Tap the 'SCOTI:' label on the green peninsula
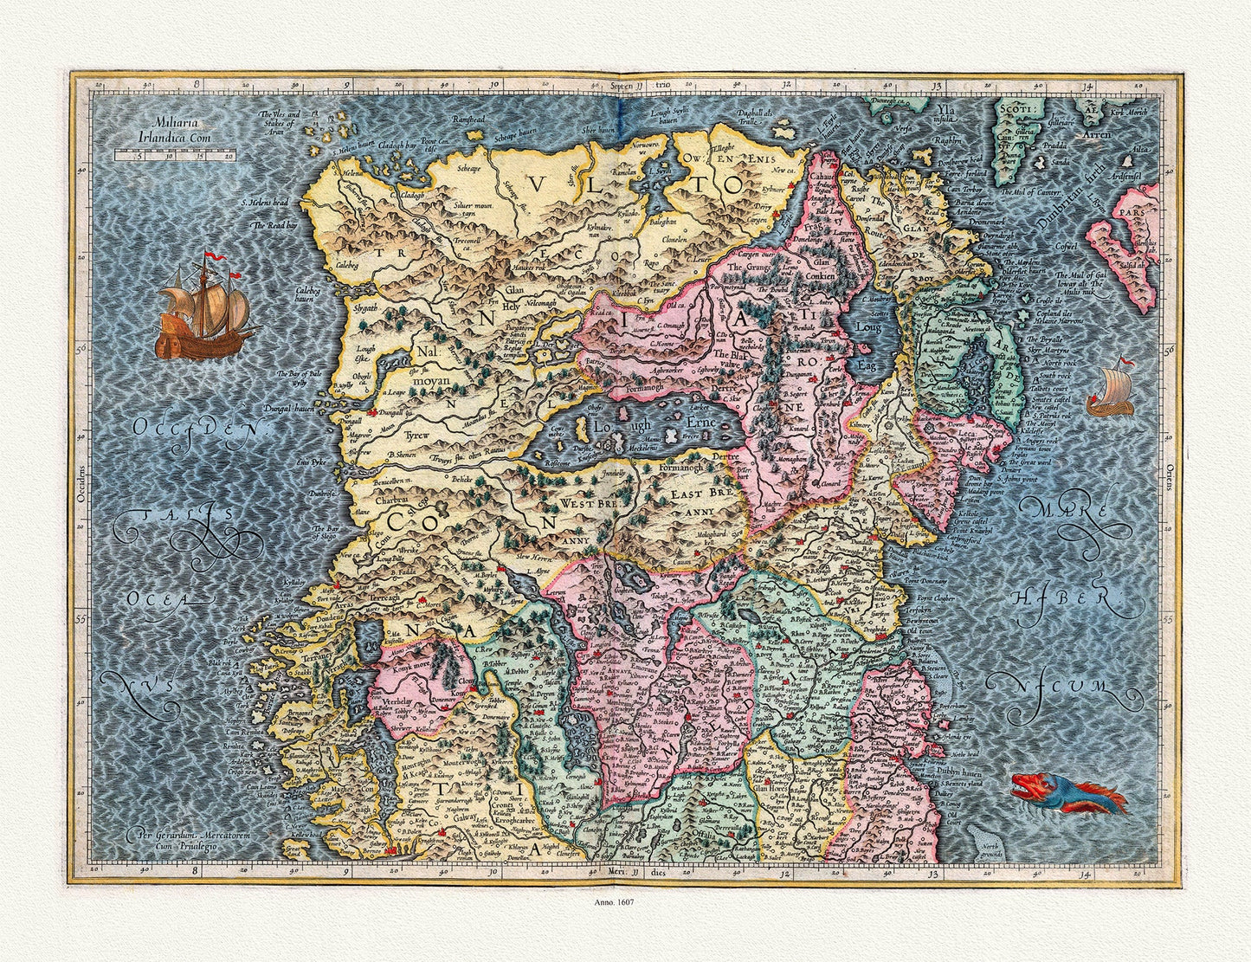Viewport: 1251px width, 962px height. (1012, 110)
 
